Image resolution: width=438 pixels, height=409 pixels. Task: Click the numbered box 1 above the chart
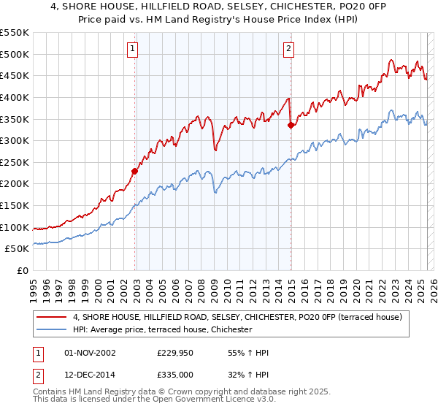pos(133,49)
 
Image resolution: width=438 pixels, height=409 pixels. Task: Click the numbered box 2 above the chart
pos(289,49)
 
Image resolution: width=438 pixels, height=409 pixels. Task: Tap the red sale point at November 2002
pos(134,172)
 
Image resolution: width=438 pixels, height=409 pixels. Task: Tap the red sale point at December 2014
pos(291,126)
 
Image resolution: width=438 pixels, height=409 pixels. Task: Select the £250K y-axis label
pos(15,162)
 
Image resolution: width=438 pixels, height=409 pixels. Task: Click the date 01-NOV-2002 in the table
pos(91,353)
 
